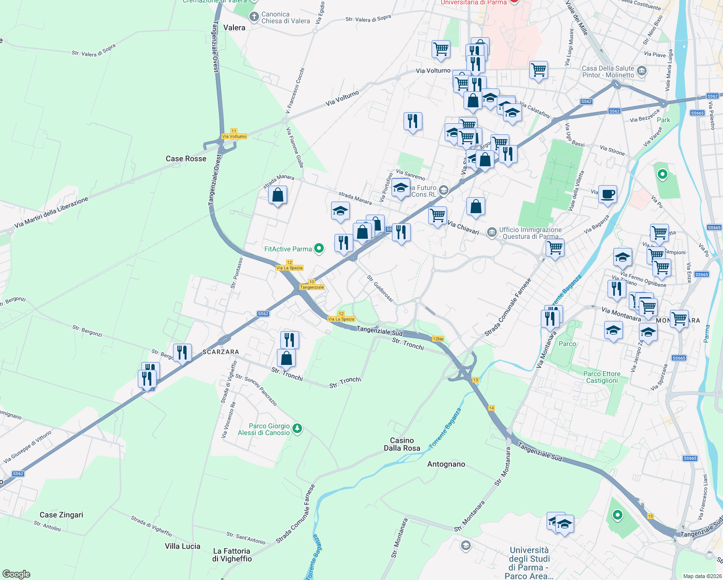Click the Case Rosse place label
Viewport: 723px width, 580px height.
pyautogui.click(x=186, y=159)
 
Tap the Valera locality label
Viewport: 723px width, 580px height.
pyautogui.click(x=234, y=28)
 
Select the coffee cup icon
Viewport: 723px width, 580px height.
pyautogui.click(x=607, y=194)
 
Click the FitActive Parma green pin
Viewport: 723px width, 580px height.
pyautogui.click(x=319, y=249)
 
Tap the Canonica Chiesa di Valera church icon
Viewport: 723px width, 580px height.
pyautogui.click(x=254, y=17)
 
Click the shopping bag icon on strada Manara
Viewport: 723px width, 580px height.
pyautogui.click(x=277, y=195)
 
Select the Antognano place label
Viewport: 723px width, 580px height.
pyautogui.click(x=446, y=464)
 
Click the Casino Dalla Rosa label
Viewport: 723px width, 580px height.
pyautogui.click(x=402, y=444)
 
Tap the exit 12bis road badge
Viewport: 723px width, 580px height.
pyautogui.click(x=438, y=339)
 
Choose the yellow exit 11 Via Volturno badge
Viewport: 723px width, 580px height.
pyautogui.click(x=234, y=134)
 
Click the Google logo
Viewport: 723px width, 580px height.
pyautogui.click(x=16, y=574)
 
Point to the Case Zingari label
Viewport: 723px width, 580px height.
pyautogui.click(x=61, y=515)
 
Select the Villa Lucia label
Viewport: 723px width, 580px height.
pyautogui.click(x=182, y=546)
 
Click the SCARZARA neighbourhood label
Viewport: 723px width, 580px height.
pyautogui.click(x=220, y=352)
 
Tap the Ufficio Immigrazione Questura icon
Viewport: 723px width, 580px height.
pyautogui.click(x=492, y=232)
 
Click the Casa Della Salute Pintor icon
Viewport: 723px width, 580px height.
pyautogui.click(x=642, y=72)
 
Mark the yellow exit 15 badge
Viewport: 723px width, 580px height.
pyautogui.click(x=651, y=516)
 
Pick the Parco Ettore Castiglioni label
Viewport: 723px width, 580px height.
pyautogui.click(x=602, y=377)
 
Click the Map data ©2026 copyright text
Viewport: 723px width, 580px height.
pyautogui.click(x=700, y=576)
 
